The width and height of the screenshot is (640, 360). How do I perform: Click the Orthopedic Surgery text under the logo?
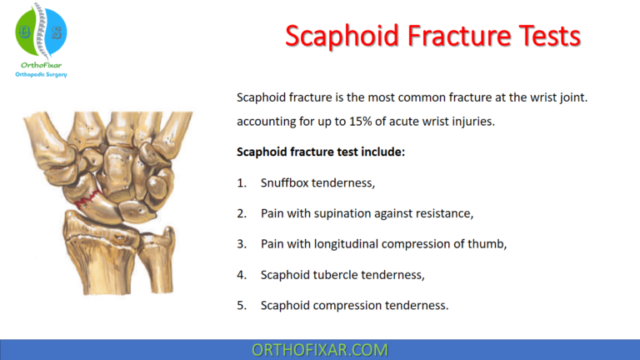[42, 74]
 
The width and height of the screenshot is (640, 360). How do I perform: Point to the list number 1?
[241, 182]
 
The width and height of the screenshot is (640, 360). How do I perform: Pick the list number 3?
[241, 244]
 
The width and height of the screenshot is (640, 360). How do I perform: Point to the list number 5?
[241, 305]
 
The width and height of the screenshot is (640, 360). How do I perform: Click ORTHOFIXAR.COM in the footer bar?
[320, 349]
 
